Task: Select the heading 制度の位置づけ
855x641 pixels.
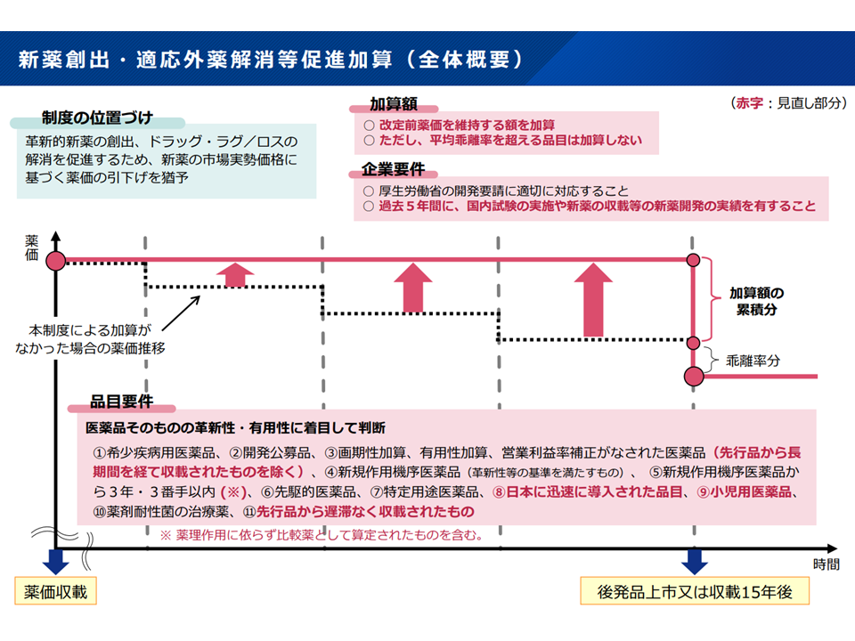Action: point(97,118)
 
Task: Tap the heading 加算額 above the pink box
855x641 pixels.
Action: point(394,103)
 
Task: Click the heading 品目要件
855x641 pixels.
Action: point(121,402)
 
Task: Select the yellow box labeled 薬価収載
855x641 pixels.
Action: point(55,591)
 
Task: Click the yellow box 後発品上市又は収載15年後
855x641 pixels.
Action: point(694,591)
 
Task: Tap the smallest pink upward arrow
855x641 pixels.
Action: point(234,274)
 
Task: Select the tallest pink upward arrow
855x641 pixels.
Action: point(594,298)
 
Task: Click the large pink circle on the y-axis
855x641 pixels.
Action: point(55,261)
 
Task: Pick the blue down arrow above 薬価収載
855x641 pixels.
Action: point(55,561)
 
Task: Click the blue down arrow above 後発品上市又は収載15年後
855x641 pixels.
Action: point(694,561)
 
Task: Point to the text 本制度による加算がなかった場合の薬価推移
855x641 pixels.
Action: point(89,338)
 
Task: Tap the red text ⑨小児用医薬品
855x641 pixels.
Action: point(749,491)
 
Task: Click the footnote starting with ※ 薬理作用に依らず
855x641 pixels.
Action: point(322,535)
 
